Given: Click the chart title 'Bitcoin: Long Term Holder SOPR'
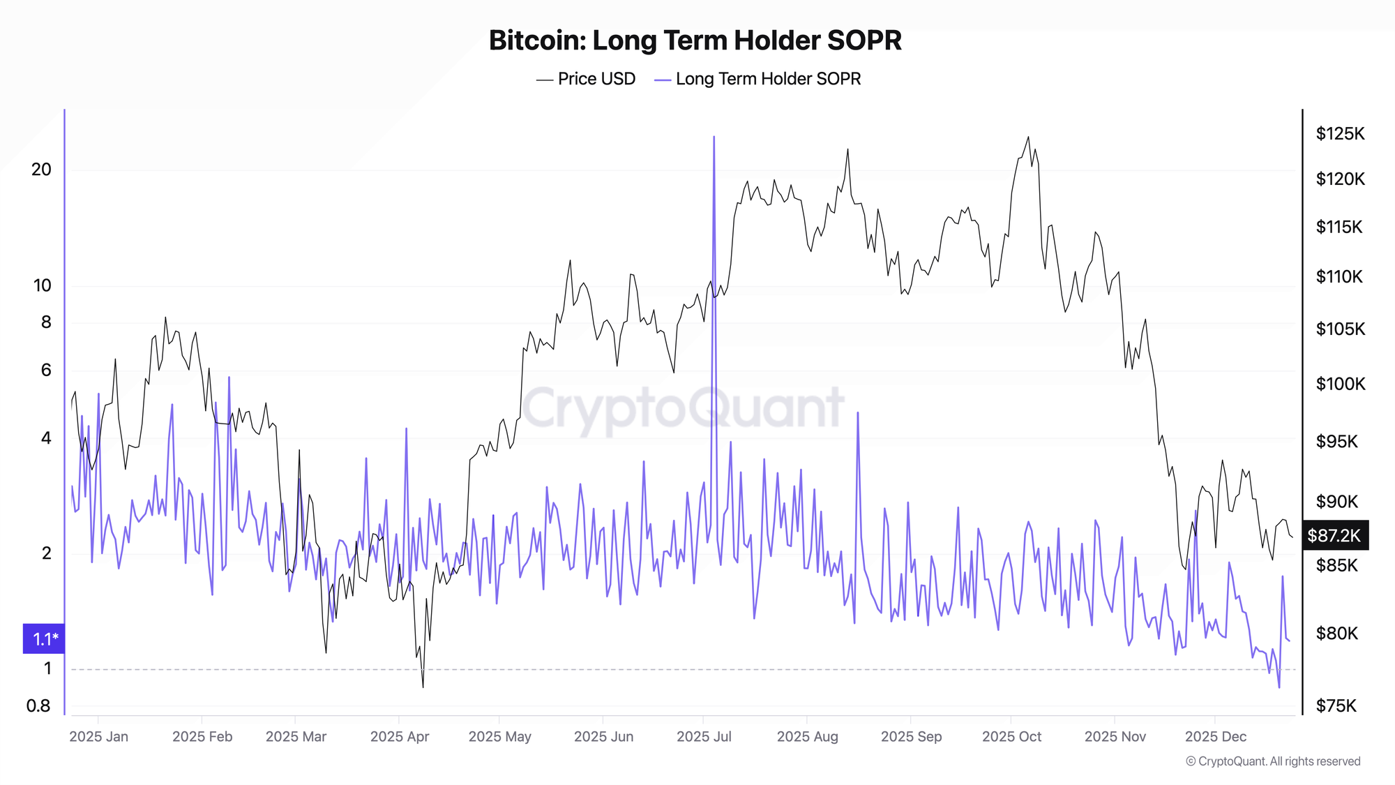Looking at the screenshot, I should pyautogui.click(x=695, y=40).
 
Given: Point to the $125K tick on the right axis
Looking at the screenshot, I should pyautogui.click(x=1340, y=133).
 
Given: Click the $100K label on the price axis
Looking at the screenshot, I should pyautogui.click(x=1340, y=384).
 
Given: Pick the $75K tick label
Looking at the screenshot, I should pyautogui.click(x=1336, y=705).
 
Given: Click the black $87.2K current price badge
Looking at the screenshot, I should pyautogui.click(x=1334, y=535).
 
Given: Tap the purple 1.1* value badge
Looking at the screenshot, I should pyautogui.click(x=45, y=638).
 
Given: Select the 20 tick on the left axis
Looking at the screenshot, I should pyautogui.click(x=42, y=170).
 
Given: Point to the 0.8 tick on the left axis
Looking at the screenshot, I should pyautogui.click(x=39, y=705).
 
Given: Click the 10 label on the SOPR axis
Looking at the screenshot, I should pyautogui.click(x=43, y=285).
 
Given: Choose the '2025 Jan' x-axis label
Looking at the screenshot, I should pyautogui.click(x=99, y=736).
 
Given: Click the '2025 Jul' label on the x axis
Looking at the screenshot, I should pyautogui.click(x=704, y=736).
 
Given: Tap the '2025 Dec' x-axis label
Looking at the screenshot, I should pyautogui.click(x=1216, y=736).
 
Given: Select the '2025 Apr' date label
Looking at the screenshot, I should pyautogui.click(x=400, y=736).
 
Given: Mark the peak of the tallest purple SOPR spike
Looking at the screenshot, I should pyautogui.click(x=714, y=137).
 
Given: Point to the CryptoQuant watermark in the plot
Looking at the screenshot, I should pyautogui.click(x=684, y=408).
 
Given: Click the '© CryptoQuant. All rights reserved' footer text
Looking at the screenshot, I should pyautogui.click(x=1273, y=761).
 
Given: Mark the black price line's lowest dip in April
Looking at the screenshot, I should pyautogui.click(x=423, y=687).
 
